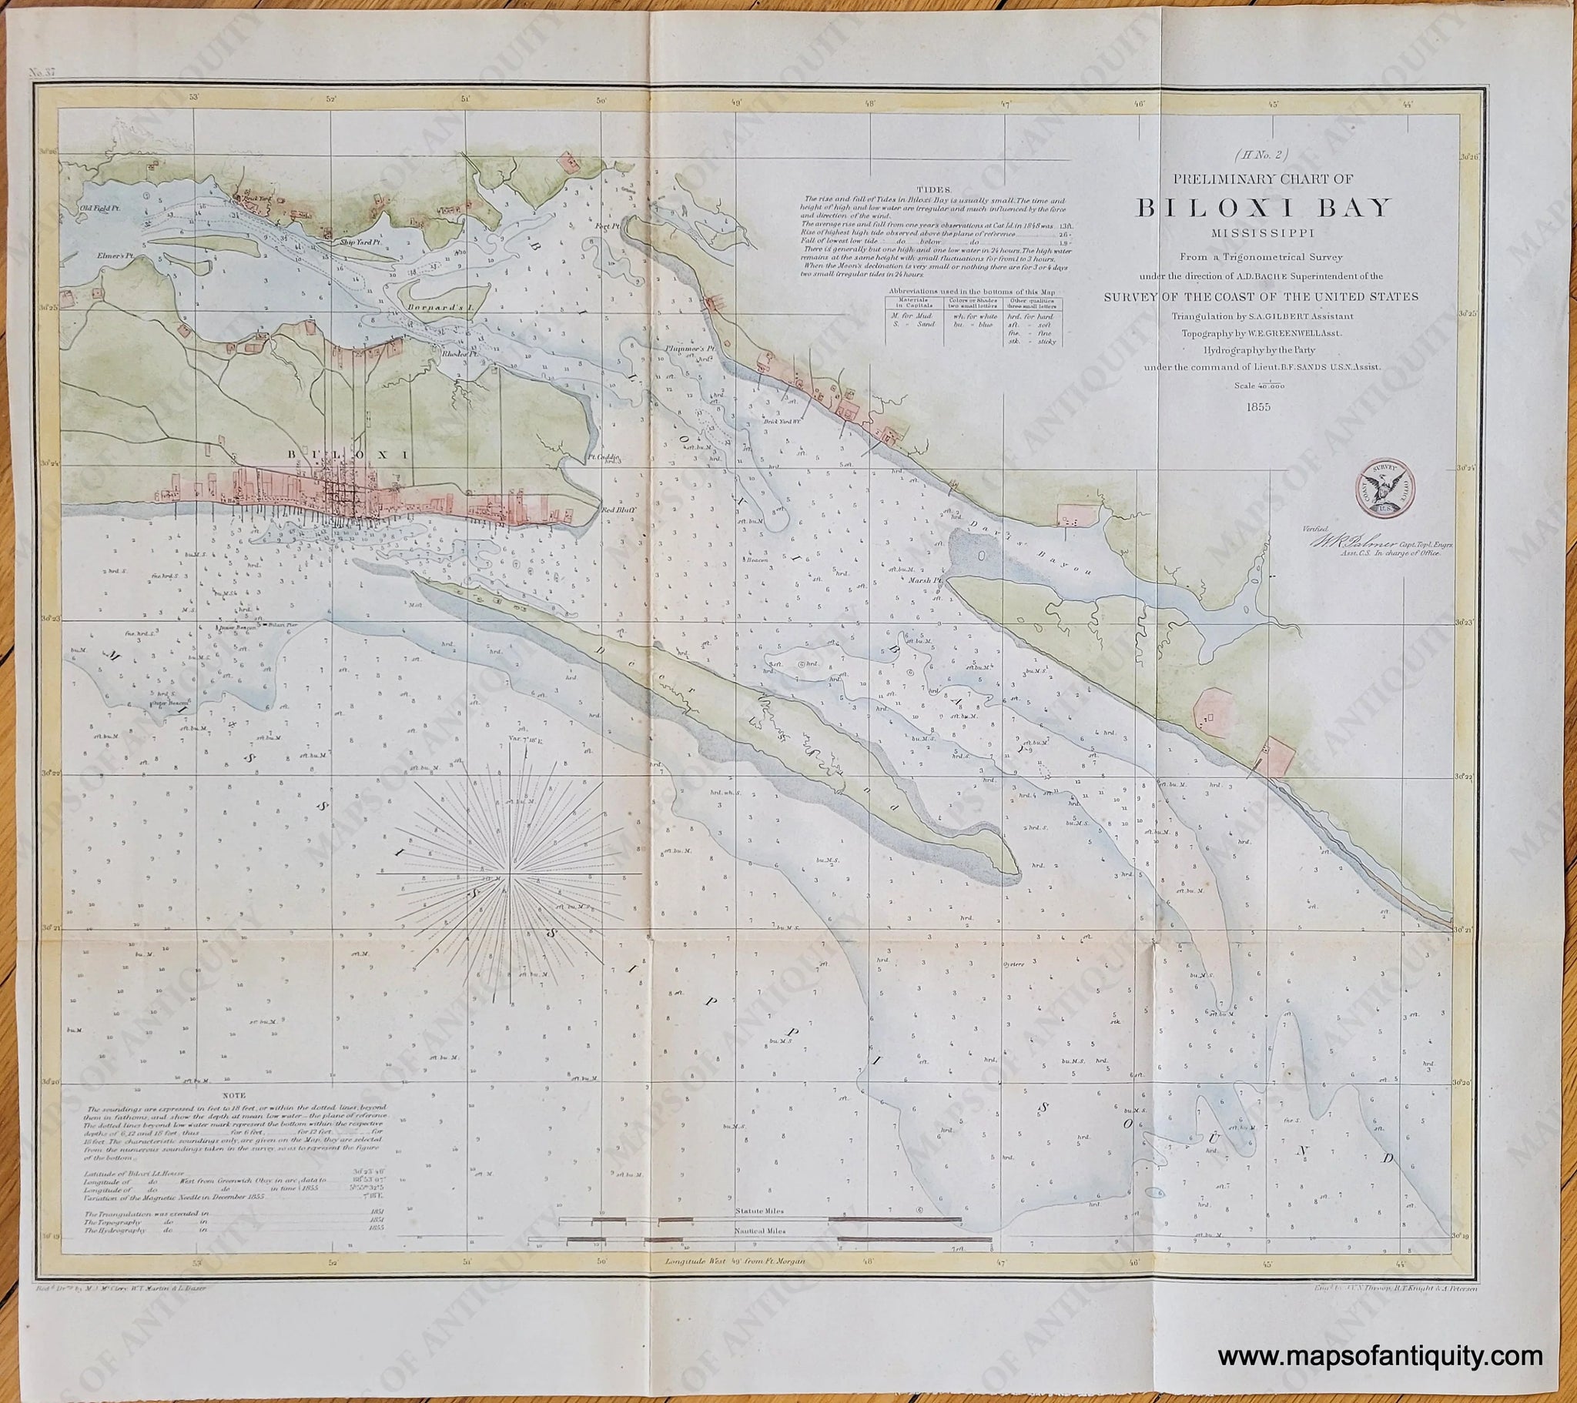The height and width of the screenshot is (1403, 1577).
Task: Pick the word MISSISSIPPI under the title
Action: click(1263, 232)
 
